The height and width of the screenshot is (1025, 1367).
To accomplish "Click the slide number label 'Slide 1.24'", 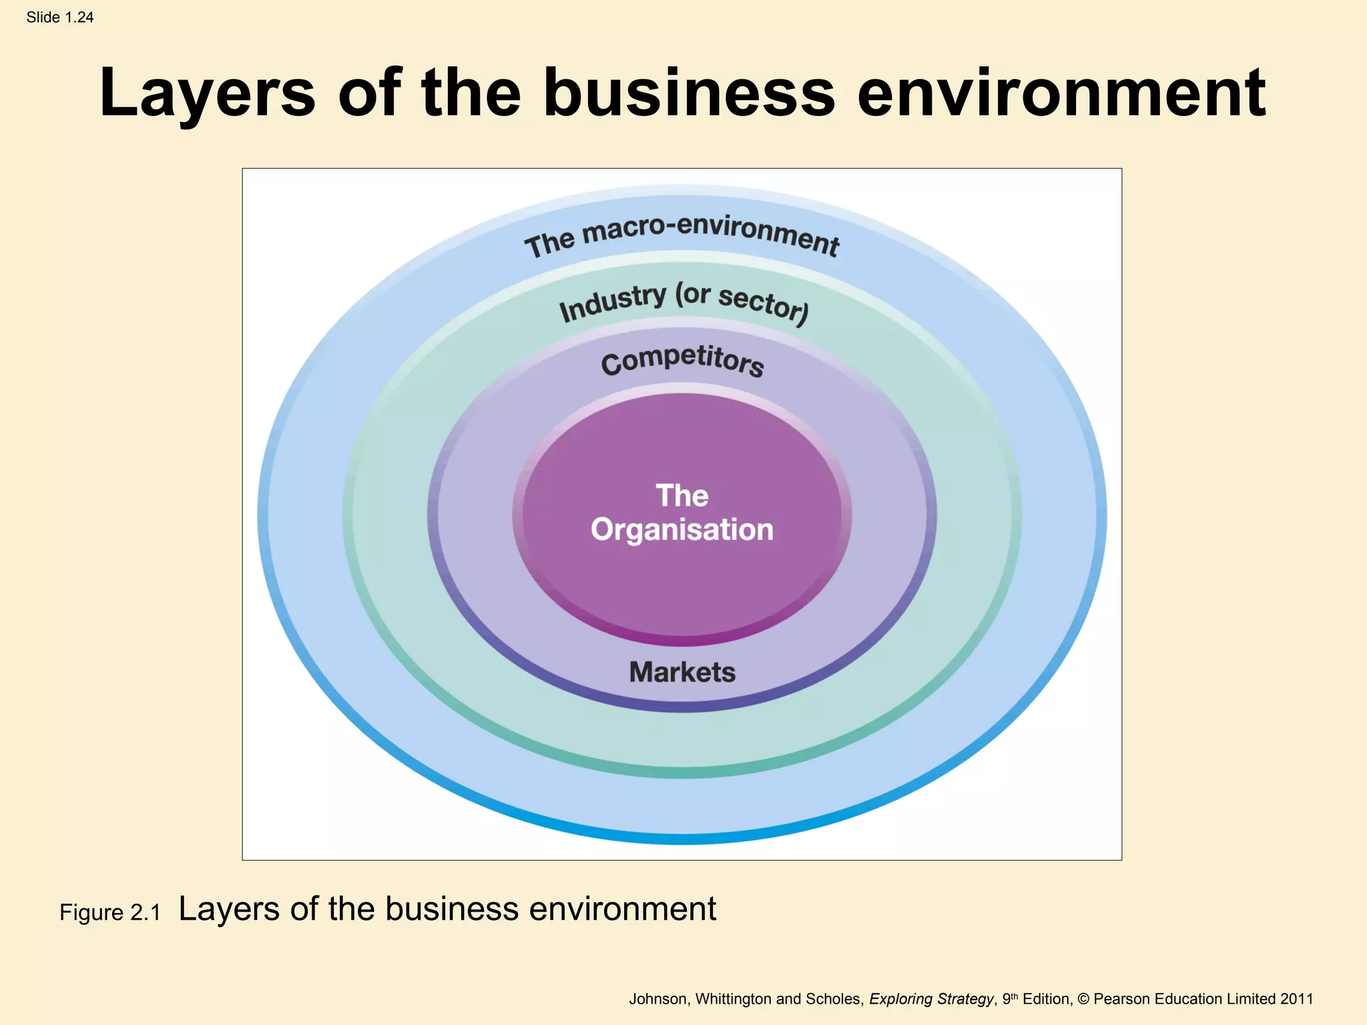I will point(60,17).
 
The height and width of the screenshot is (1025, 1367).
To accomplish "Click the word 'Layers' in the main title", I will point(207,93).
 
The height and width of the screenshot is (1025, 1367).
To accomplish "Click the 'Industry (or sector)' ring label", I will point(683,302).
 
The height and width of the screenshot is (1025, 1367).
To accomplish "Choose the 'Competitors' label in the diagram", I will point(682,361).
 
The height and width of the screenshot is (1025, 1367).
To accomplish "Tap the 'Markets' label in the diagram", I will point(682,672).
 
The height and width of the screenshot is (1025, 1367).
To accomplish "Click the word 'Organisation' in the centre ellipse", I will point(682,530).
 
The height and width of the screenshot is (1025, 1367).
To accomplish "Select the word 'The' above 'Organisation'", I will point(682,496).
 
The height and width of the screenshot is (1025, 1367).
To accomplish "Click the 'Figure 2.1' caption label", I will point(110,912).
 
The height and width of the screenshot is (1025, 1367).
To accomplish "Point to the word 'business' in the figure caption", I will point(452,909).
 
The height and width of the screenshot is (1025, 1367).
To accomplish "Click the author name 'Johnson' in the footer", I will point(657,999).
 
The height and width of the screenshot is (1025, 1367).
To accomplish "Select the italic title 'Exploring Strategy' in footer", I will point(930,999).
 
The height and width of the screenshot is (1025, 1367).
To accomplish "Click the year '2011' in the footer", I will point(1296,999).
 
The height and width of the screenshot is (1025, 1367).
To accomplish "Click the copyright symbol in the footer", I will point(1083,999).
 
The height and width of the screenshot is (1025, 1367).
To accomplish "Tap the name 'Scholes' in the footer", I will point(834,999).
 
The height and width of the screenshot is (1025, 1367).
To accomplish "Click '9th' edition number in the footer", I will point(1011,999).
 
